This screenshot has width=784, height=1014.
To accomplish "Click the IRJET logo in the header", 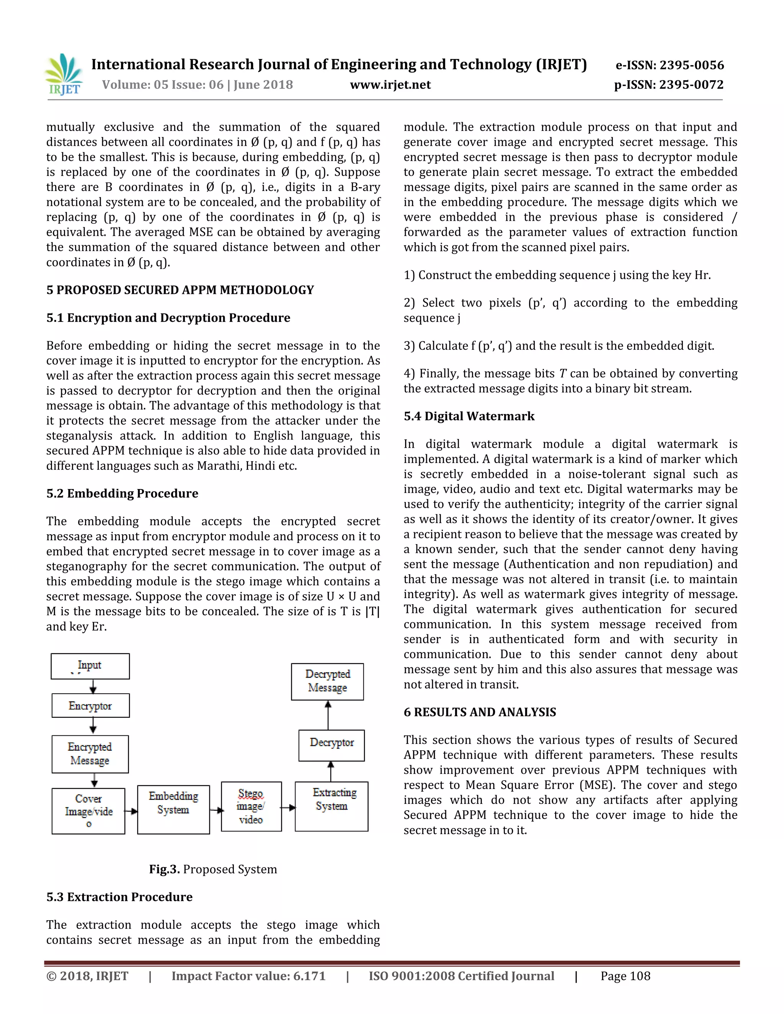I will pos(64,74).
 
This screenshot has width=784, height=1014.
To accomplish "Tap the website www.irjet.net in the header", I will pos(390,85).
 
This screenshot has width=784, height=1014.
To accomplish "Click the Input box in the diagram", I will pos(90,666).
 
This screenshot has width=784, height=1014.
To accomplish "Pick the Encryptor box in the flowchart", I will pos(91,706).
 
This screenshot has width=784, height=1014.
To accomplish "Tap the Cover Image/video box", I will pos(88,811).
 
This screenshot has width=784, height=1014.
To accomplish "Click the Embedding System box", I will pos(173,809).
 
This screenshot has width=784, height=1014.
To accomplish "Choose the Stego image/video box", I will pos(251,807).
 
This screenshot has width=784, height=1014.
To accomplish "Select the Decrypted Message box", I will pos(327,681).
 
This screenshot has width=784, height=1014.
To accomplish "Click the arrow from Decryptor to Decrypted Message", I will pos(328,715).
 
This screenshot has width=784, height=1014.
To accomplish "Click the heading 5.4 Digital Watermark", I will pos(469,416).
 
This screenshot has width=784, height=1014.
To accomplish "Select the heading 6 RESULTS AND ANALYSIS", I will pos(479,712).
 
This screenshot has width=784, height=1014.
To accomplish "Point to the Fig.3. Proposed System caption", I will pos(213,869).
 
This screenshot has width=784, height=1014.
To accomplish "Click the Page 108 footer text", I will pos(625,976).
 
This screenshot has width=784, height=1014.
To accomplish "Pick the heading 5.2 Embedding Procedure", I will pos(122,493).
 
